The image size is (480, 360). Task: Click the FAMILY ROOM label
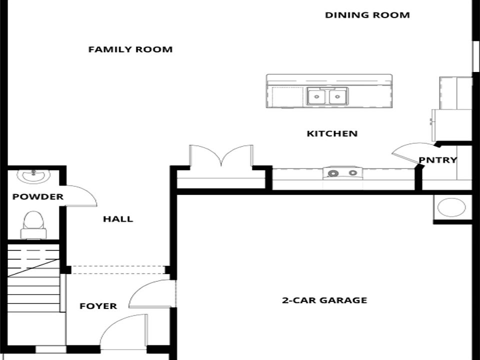130,49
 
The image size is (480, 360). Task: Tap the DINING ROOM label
367,15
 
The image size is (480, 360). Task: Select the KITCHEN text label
332,133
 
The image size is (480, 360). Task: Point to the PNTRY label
438,160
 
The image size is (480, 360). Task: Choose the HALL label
118,219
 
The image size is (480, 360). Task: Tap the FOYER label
98,306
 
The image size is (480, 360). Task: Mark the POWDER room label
38,196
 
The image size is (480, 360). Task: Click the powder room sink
33,175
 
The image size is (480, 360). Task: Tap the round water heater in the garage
451,207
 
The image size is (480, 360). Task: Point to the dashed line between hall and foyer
118,270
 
